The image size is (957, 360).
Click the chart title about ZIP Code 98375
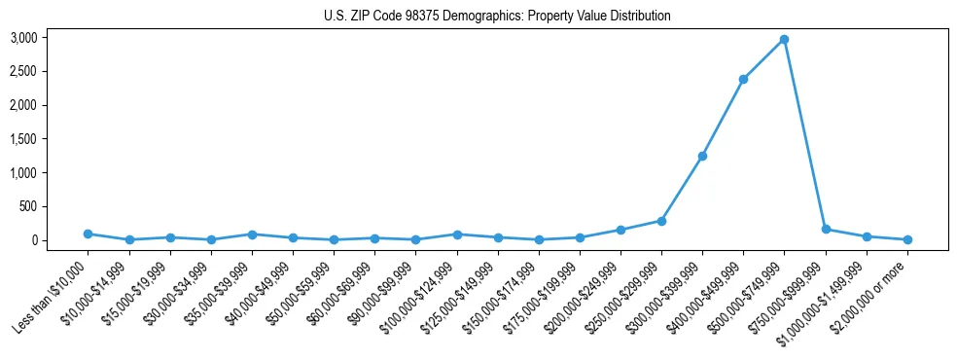pos(497,17)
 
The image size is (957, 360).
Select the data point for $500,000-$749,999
pos(784,40)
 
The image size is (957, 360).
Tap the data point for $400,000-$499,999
pos(743,79)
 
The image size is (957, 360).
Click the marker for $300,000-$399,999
pos(702,156)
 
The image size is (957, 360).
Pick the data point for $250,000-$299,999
pos(661,221)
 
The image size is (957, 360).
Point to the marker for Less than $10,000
pos(89,234)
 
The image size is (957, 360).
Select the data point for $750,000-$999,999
pos(826,230)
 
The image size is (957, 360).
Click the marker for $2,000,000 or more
pos(907,239)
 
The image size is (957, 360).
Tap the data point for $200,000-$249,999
pos(620,230)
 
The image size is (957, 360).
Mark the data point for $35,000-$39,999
pos(252,234)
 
